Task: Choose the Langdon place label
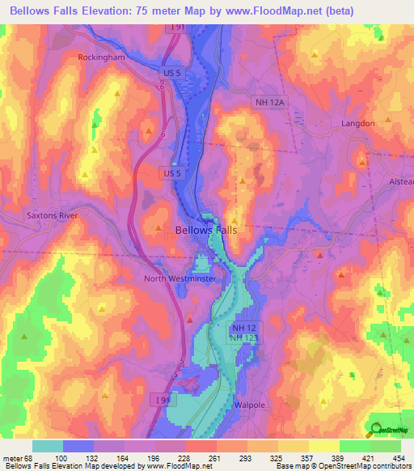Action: point(358,123)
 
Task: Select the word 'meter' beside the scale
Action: point(13,457)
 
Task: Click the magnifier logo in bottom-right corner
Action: point(377,430)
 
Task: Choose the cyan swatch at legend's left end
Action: point(48,446)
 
